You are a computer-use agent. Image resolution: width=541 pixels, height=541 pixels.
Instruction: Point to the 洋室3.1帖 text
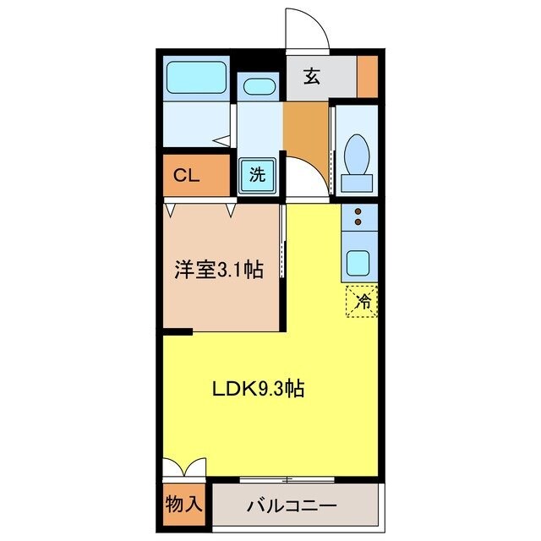pyautogui.click(x=218, y=270)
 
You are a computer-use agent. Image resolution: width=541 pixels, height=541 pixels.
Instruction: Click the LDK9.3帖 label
pyautogui.click(x=257, y=390)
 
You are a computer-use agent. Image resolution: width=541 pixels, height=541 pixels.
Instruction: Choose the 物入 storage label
pyautogui.click(x=183, y=505)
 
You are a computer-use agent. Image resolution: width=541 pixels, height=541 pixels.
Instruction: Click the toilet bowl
pyautogui.click(x=357, y=154)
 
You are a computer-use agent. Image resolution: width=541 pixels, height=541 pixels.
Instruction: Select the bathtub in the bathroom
pyautogui.click(x=196, y=79)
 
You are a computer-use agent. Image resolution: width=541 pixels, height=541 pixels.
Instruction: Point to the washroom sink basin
pyautogui.click(x=257, y=87)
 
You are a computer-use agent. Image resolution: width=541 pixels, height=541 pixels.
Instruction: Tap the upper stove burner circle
pyautogui.click(x=358, y=211)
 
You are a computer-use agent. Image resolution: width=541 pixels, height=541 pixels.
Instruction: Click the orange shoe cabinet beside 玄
pyautogui.click(x=367, y=77)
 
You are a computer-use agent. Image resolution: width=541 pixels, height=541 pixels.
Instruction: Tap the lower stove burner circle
pyautogui.click(x=358, y=223)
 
